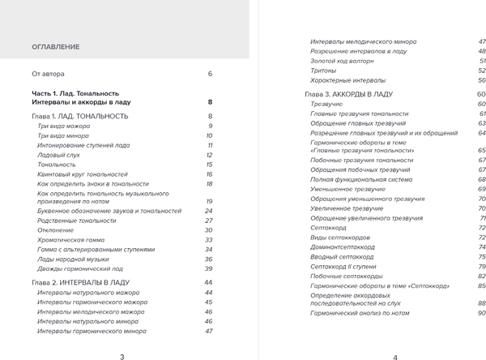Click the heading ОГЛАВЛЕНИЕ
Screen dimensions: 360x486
coord(55,47)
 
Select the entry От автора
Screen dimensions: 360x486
coord(48,74)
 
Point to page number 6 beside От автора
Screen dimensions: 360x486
coord(209,74)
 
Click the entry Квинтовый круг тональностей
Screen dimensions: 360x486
coord(83,174)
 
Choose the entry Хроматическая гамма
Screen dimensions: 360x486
coord(73,240)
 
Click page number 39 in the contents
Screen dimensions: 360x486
coord(208,268)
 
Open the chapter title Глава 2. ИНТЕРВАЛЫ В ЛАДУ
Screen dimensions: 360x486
coord(83,282)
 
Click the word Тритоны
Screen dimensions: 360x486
coord(325,71)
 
